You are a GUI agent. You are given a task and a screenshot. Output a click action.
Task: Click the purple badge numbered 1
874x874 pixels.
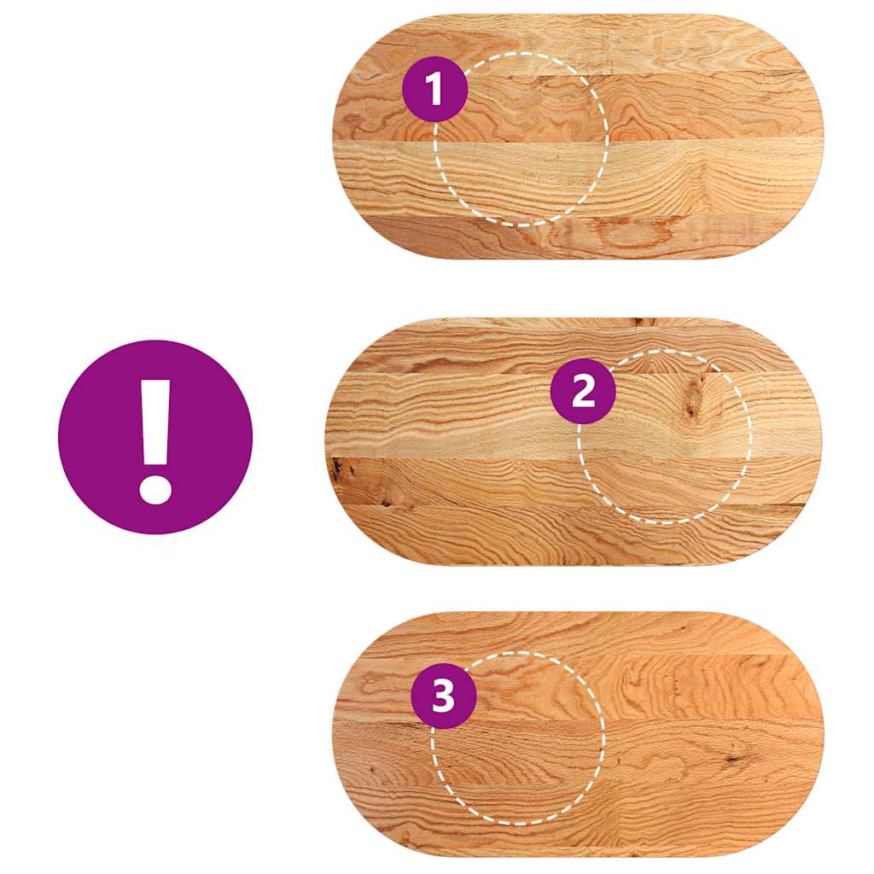point(434,89)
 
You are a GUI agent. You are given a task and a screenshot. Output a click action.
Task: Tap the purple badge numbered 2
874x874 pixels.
point(583,390)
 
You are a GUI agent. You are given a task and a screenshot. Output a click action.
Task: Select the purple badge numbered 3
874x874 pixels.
point(444,696)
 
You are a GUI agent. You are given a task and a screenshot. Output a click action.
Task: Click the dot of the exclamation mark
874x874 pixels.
point(155,489)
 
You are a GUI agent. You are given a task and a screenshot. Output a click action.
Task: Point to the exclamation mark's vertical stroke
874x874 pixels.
point(155,422)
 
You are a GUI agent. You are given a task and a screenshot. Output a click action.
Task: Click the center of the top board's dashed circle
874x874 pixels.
point(521,139)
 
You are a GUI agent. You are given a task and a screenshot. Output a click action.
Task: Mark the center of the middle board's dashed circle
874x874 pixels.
point(664,437)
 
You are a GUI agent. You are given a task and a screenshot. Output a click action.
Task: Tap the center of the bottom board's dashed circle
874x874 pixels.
point(518,738)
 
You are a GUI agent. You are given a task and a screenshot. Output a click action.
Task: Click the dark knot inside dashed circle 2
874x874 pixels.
point(693,399)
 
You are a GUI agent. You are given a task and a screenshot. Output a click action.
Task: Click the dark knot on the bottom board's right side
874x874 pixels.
point(731,759)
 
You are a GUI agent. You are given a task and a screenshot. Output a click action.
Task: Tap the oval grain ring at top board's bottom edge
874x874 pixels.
point(630,237)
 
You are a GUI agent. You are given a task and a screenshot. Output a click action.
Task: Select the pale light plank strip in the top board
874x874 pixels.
point(578,178)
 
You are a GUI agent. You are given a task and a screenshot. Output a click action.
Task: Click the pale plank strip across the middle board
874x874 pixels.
point(574,416)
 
